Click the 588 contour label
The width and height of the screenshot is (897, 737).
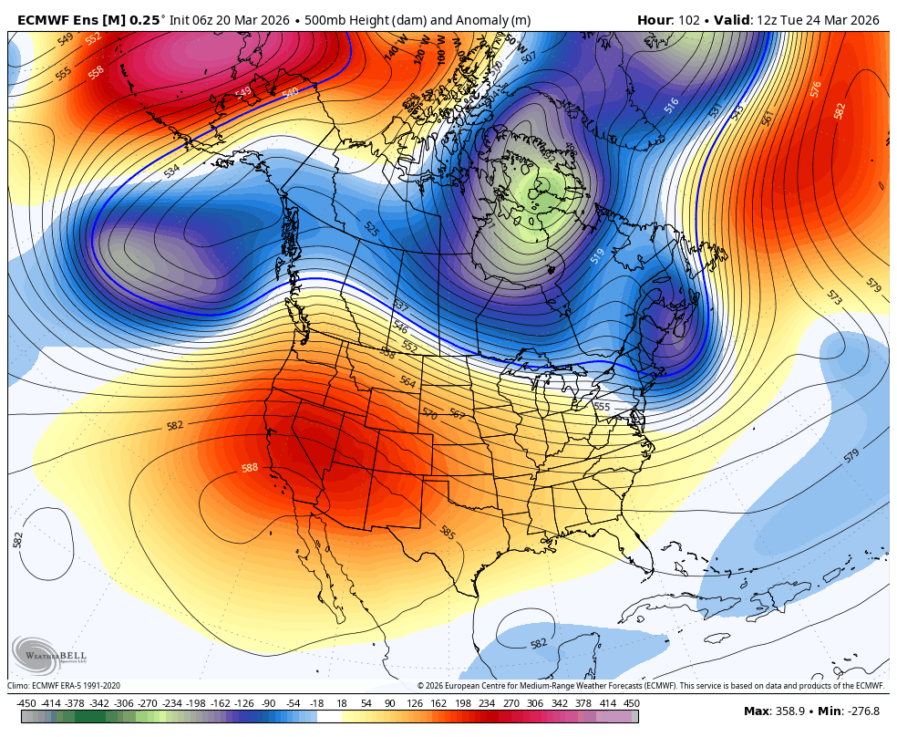[249, 468]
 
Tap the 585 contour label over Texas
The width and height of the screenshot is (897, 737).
[447, 532]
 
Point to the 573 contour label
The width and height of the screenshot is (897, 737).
[834, 298]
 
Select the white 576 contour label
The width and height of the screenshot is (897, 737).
[816, 88]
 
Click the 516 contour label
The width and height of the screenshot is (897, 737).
[672, 106]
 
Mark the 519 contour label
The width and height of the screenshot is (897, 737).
[597, 256]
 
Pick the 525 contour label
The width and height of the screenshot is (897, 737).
[371, 229]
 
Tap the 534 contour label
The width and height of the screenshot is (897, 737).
[171, 171]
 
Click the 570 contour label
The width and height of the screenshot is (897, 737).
[429, 413]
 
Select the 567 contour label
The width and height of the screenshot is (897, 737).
[457, 415]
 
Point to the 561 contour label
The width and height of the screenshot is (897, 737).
[767, 118]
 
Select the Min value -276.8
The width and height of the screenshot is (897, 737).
[861, 711]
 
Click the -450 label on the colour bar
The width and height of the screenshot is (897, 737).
[26, 703]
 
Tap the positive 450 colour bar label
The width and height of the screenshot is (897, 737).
[631, 703]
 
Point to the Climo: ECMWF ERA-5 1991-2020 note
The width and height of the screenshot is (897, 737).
[64, 686]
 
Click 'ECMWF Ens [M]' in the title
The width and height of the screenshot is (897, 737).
[71, 20]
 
